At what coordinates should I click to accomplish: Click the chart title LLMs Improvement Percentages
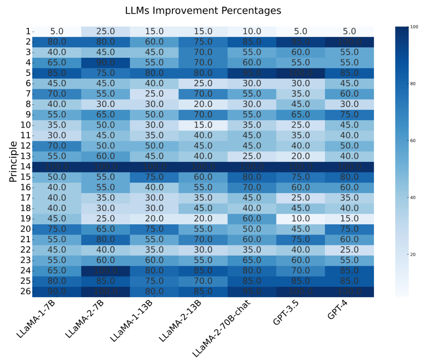[203, 11]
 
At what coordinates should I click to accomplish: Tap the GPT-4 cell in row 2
[350, 42]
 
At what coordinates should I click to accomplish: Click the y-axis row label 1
[28, 31]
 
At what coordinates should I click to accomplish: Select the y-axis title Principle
[13, 161]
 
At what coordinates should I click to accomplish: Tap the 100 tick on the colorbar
[413, 27]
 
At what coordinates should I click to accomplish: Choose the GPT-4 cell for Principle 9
[350, 115]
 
